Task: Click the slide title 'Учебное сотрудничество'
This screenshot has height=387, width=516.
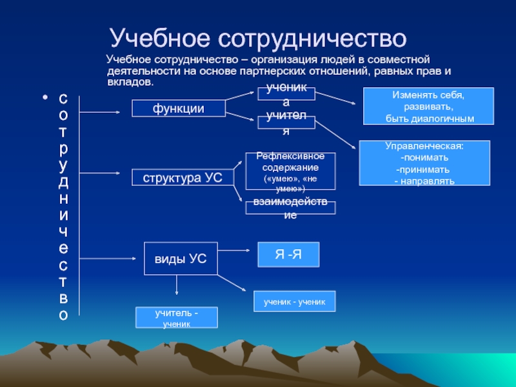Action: point(257,39)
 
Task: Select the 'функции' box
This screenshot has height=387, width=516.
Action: point(179,108)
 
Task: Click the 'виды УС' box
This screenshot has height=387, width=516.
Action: point(180,259)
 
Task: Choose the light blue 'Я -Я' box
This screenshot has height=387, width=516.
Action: point(288,255)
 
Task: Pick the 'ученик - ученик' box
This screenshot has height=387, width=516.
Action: point(295,301)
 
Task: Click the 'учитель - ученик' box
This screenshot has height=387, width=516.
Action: point(176,317)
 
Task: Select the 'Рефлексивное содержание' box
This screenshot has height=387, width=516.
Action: point(290,172)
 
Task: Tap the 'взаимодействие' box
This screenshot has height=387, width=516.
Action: point(290,208)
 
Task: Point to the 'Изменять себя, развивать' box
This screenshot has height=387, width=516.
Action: point(429,106)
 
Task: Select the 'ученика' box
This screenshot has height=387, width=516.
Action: point(286,94)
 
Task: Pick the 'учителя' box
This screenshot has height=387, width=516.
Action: point(286,123)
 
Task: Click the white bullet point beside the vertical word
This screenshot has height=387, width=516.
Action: point(45,99)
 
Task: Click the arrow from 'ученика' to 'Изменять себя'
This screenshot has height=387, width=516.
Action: point(335,99)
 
